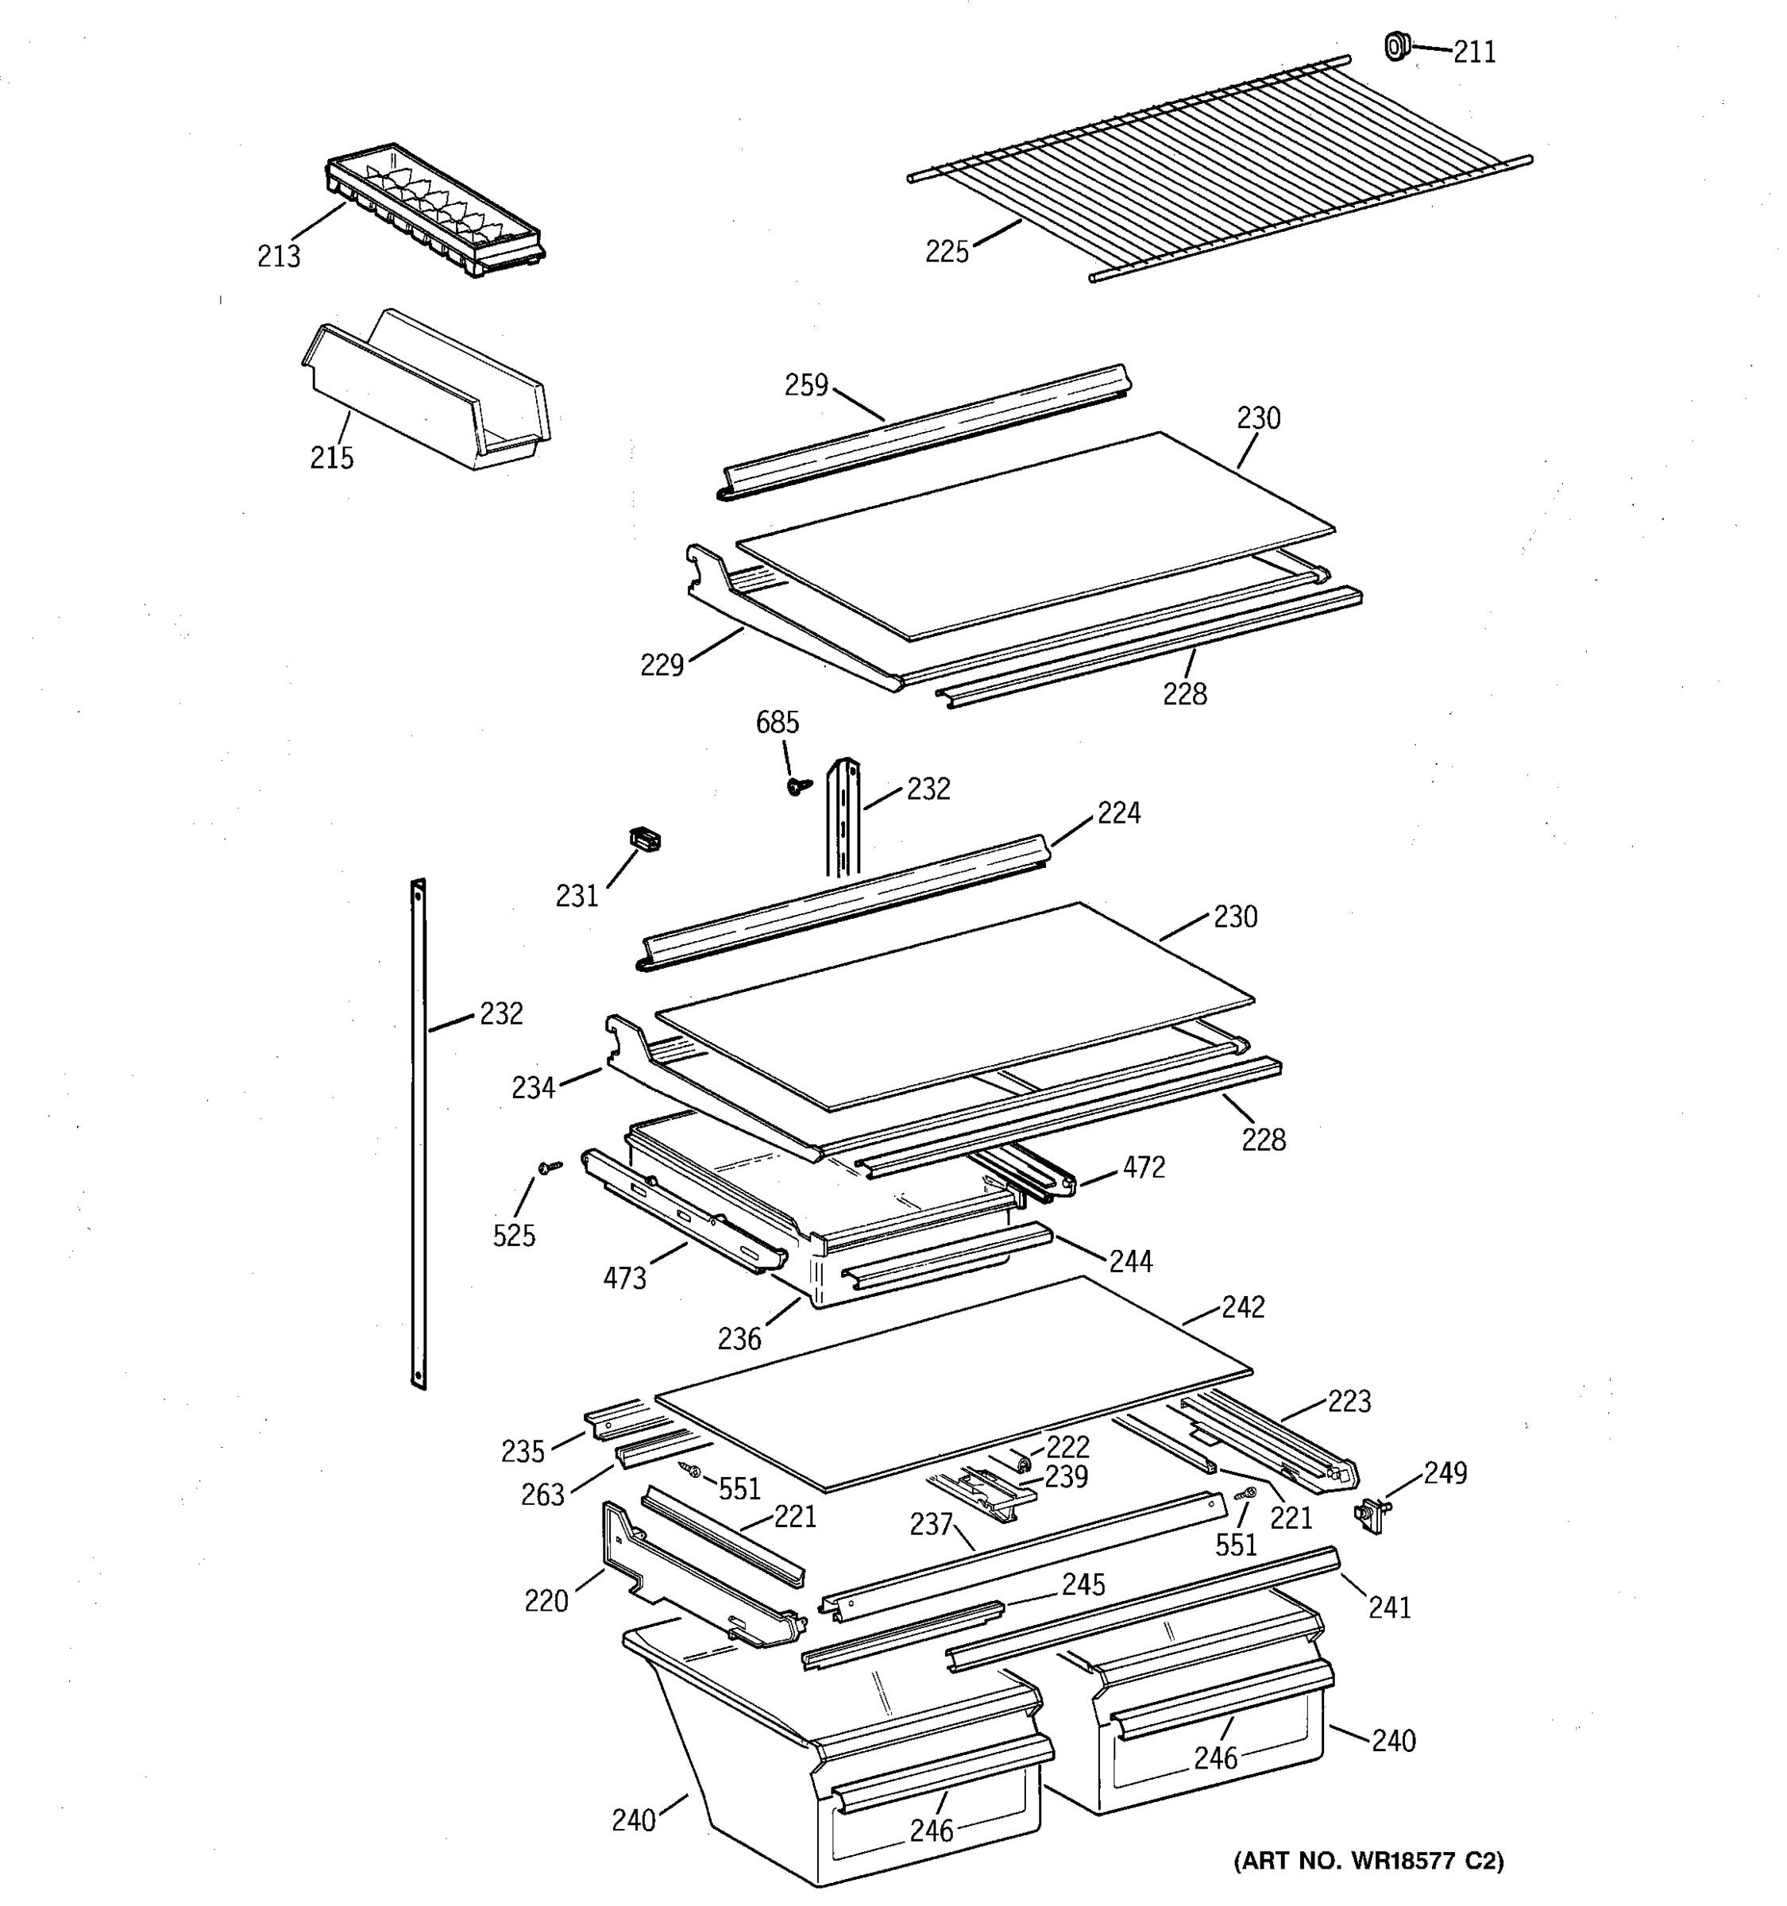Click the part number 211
[x=1473, y=52]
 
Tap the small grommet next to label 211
[x=1397, y=45]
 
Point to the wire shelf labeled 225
[x=1218, y=172]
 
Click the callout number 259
[x=805, y=385]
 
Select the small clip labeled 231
[x=644, y=840]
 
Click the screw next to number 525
[x=550, y=1167]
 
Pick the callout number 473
[x=624, y=1278]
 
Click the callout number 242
[x=1242, y=1306]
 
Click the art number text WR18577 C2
[x=1368, y=1861]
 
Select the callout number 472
[x=1143, y=1167]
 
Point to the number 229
[x=662, y=665]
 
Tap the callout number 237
[x=930, y=1525]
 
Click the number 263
[x=542, y=1495]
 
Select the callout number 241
[x=1389, y=1608]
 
